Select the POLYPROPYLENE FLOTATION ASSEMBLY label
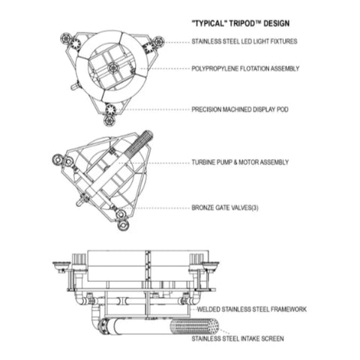click(246, 69)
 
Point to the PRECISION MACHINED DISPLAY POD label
click(241, 109)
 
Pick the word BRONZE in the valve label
click(204, 207)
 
